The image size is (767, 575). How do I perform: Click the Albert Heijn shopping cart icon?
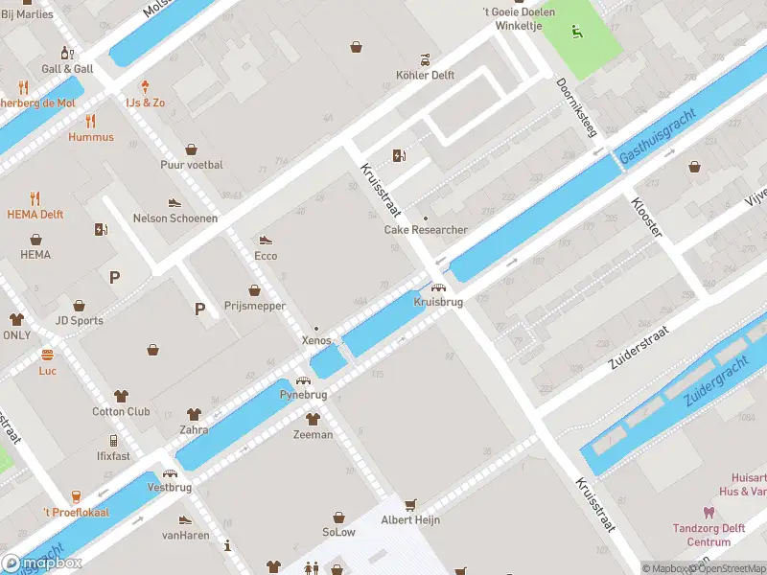(411, 503)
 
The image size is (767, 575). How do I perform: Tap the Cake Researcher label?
(426, 230)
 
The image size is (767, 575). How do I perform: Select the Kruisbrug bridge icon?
(438, 287)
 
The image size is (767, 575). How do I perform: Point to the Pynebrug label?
(303, 395)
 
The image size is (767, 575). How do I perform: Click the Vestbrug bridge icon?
(170, 472)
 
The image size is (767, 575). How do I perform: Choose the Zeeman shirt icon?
(313, 419)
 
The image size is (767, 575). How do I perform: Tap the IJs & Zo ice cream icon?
(145, 86)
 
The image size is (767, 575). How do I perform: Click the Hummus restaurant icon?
(91, 121)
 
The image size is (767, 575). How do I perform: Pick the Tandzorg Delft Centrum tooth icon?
(709, 513)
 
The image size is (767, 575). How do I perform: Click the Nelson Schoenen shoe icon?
(174, 202)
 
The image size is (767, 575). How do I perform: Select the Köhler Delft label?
(425, 75)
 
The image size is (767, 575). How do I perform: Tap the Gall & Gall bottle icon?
(67, 53)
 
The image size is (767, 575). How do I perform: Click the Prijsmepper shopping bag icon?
(255, 289)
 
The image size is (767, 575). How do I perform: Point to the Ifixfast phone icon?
(113, 441)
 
